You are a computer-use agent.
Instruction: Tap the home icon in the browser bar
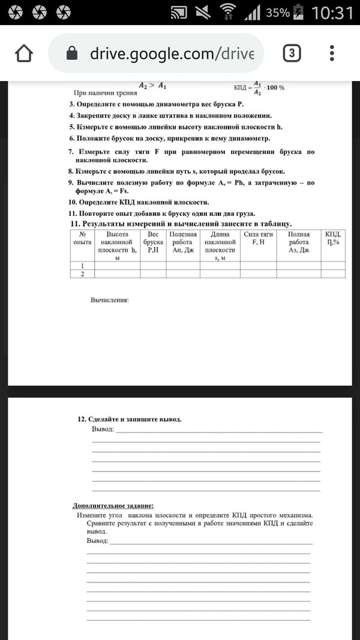coord(23,54)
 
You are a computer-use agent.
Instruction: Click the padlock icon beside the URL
coord(71,54)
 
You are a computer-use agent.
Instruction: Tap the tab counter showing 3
coord(291,54)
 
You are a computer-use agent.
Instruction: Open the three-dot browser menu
coord(332,54)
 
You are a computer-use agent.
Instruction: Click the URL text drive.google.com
coord(172,54)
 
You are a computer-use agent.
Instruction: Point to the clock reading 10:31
coord(333,13)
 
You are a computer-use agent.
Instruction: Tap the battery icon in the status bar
coord(300,13)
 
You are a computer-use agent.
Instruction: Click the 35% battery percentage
coord(278,13)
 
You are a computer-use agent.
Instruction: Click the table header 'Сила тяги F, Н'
coord(258,238)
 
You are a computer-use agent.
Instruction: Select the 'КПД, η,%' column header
coord(333,238)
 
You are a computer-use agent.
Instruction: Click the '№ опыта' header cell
coord(80,238)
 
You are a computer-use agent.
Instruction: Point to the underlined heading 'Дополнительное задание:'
coord(113,506)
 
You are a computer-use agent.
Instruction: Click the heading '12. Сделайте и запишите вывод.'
coord(130,419)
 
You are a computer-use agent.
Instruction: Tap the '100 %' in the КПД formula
coord(275,88)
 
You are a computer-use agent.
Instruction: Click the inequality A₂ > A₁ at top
coord(152,85)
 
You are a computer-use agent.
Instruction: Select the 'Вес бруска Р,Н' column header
coord(153,242)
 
